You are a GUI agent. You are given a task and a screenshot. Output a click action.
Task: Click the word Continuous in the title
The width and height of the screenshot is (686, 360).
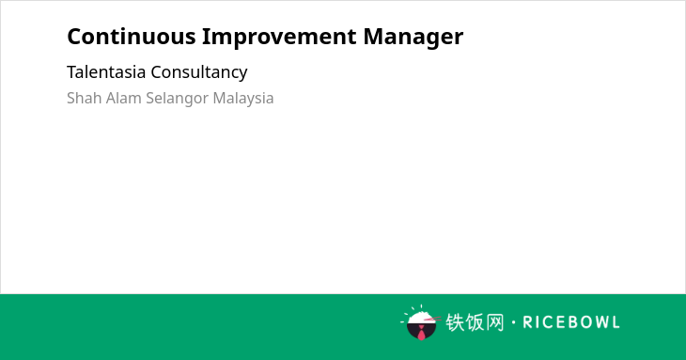[x=132, y=37]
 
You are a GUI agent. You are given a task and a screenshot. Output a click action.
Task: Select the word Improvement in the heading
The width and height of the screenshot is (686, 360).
[x=279, y=38]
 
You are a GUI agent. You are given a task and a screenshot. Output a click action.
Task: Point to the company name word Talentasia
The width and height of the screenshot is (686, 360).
[x=106, y=71]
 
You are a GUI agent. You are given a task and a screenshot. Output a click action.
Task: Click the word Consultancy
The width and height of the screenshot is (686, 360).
[x=199, y=72]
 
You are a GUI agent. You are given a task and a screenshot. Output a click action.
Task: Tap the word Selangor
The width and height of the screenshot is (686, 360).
[x=178, y=99]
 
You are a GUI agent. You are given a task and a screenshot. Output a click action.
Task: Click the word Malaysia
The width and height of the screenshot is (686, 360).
[x=243, y=99]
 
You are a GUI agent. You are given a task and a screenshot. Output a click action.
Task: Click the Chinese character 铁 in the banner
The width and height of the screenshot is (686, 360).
[x=455, y=322]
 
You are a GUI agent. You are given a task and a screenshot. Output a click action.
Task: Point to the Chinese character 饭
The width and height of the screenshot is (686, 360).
[x=475, y=322]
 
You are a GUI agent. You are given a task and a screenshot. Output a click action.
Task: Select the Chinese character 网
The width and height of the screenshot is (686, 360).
[x=494, y=322]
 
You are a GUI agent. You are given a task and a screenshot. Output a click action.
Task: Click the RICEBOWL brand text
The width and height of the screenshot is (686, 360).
[x=571, y=322]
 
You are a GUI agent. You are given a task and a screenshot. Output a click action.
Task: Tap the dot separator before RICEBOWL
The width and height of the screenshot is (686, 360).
[x=513, y=322]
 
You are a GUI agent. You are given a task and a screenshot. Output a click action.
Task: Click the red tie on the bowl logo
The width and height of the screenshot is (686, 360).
[x=421, y=333]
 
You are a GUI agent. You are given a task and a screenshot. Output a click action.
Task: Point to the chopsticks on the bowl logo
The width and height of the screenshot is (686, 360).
[x=432, y=320]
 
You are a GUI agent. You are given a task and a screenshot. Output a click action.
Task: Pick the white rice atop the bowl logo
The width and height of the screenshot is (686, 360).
[x=420, y=317]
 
